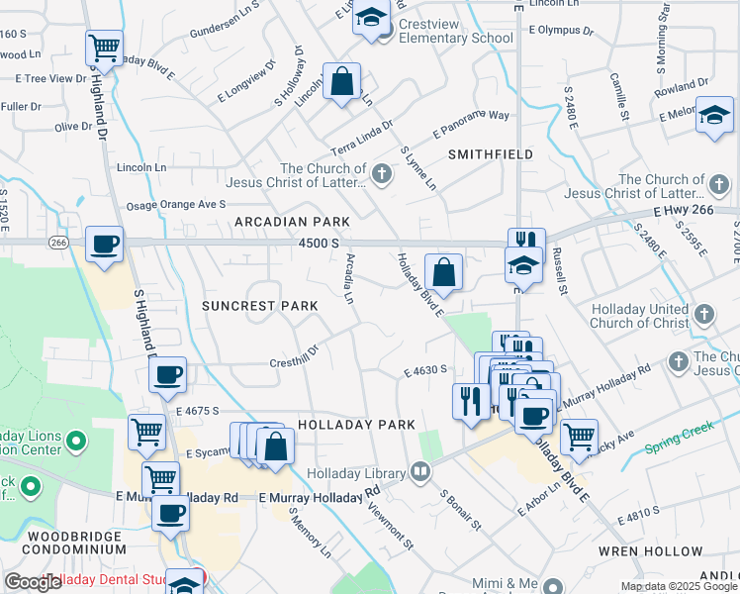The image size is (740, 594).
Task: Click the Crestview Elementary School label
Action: coord(456,38)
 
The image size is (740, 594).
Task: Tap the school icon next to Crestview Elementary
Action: coord(372,20)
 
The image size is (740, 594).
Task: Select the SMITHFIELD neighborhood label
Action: coord(491,154)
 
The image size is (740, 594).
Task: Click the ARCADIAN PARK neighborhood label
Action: coord(286,222)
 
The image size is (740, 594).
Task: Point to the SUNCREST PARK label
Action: coord(260,306)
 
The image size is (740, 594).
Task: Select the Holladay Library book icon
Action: coord(420,471)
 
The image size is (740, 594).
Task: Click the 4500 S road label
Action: coord(321,243)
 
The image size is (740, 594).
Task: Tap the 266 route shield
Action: coord(58,242)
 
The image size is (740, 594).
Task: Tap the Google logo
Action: coord(32,583)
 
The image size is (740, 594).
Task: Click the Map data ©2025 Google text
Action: coord(679,586)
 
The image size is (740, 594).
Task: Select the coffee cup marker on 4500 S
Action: coord(104,244)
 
